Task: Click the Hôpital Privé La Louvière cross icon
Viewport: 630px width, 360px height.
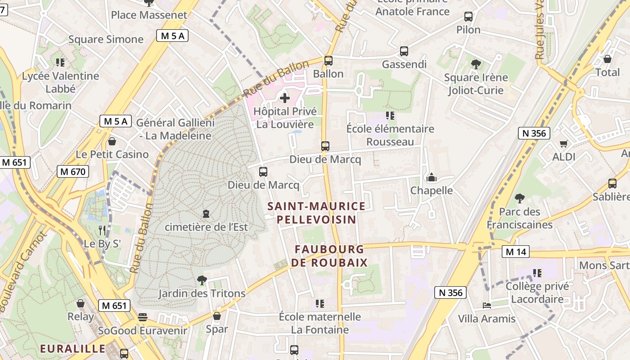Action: pos(284,98)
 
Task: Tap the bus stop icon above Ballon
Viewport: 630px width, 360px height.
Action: pos(328,60)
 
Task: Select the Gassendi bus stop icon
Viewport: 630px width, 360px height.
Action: pos(404,51)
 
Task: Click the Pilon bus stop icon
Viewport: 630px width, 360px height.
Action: pos(468,17)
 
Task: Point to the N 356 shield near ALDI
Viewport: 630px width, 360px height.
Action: pos(534,133)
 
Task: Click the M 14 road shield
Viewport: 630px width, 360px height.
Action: pos(516,252)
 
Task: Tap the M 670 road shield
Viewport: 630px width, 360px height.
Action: pos(73,171)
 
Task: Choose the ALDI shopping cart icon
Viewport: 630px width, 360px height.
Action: pos(563,144)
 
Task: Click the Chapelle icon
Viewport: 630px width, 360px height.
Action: pos(432,177)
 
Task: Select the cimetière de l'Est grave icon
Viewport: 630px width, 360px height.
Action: pos(206,213)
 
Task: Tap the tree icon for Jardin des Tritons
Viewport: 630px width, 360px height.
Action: pos(202,280)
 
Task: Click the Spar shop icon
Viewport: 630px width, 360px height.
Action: pos(217,316)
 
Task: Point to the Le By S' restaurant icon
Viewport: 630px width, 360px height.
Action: pos(102,230)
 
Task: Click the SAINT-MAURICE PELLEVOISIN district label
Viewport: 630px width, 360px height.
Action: pos(316,213)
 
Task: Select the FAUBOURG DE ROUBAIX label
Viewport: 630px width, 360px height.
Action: pos(329,256)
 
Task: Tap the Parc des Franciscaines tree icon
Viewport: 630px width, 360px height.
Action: pos(520,198)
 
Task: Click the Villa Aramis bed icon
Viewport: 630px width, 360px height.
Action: pos(486,306)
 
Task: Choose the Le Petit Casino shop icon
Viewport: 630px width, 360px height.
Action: pos(112,141)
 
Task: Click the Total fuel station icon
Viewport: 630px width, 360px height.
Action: pos(607,59)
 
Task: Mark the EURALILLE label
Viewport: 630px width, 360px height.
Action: pos(72,349)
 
